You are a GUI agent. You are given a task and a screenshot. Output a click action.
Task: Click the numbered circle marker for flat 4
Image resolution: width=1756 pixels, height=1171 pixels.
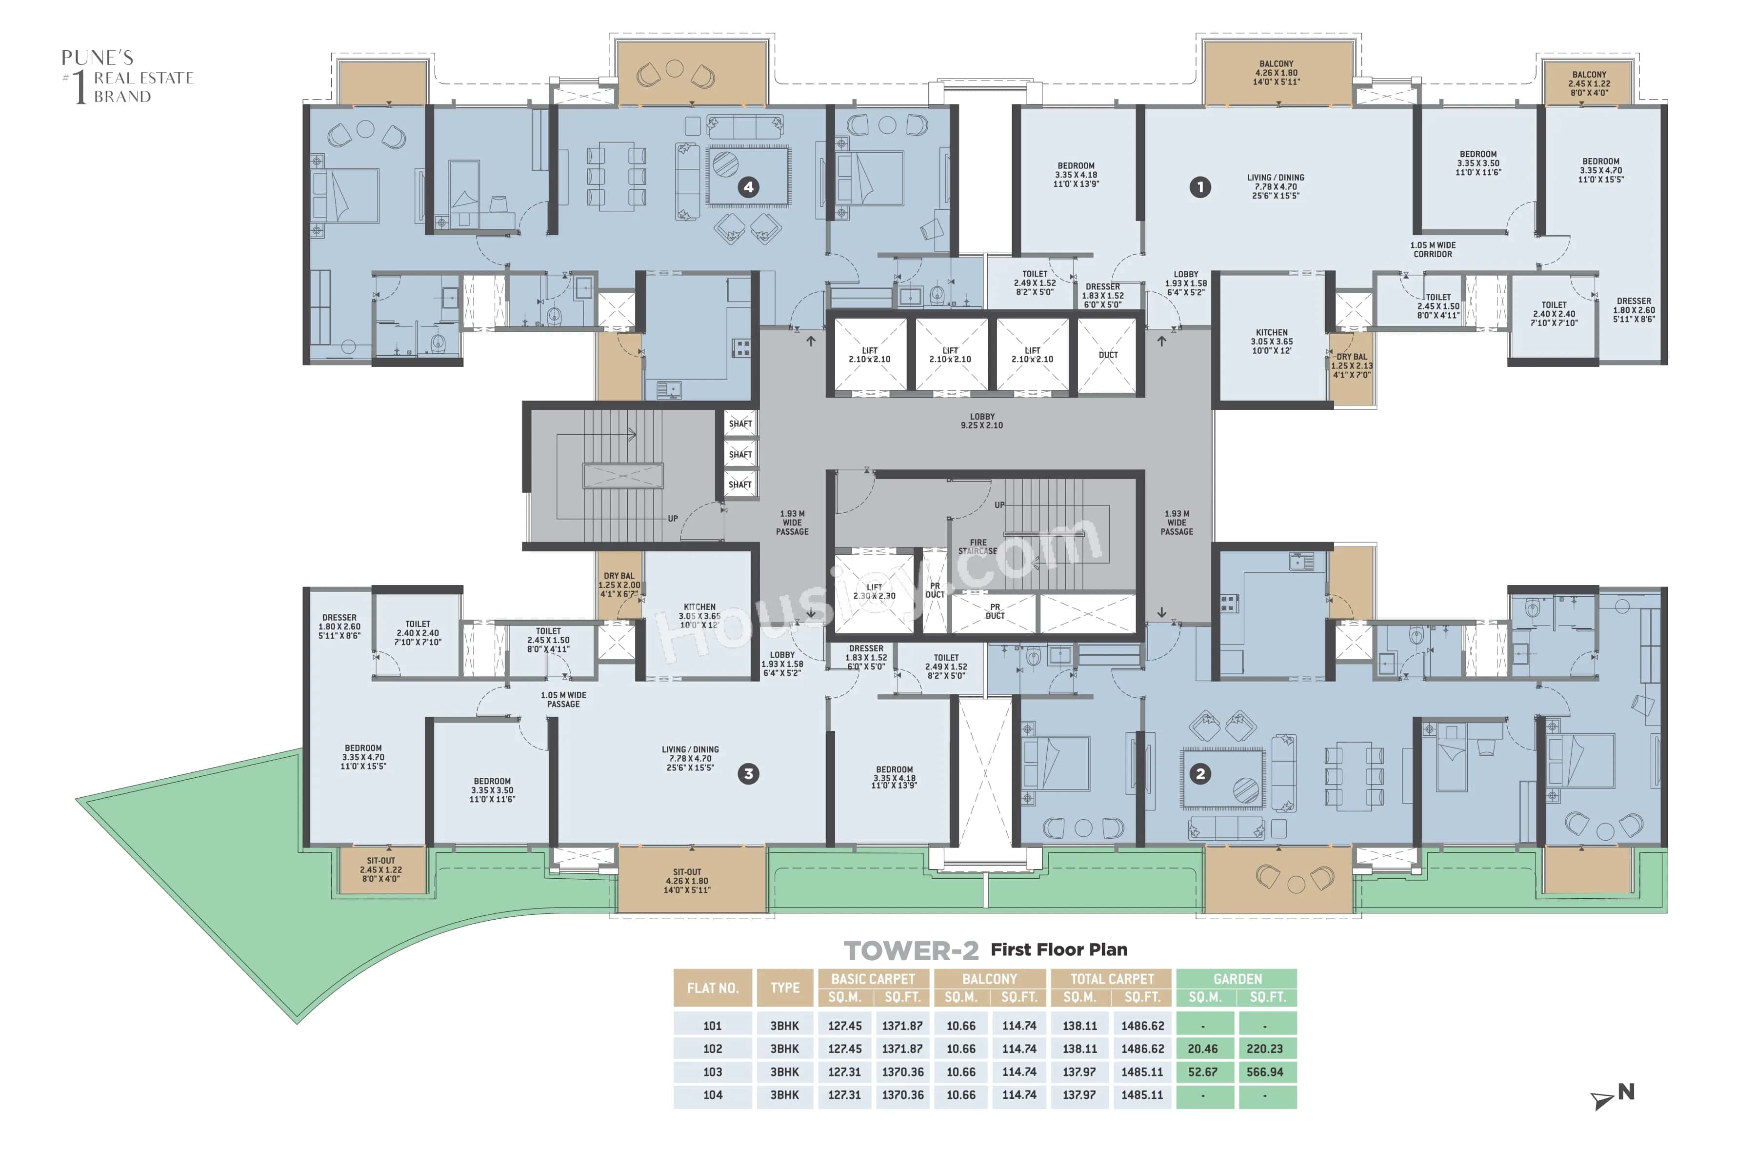click(x=748, y=187)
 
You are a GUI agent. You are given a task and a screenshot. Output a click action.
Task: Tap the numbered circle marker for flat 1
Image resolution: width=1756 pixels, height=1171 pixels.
click(x=1200, y=187)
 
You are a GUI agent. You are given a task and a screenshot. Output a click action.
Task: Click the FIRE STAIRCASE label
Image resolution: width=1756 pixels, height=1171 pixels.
click(x=978, y=546)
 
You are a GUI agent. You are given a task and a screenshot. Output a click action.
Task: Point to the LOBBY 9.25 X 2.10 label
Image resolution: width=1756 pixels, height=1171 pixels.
click(x=982, y=421)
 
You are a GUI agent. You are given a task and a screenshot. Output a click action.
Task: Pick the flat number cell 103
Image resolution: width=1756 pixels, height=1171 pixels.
click(x=712, y=1071)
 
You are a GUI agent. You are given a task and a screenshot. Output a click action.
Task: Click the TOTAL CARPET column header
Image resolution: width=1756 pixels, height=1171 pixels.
click(x=1111, y=978)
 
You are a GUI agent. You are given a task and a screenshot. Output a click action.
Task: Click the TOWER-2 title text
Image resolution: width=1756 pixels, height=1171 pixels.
click(x=911, y=950)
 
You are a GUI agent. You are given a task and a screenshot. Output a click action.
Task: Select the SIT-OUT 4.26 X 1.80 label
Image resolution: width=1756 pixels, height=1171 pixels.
click(x=687, y=881)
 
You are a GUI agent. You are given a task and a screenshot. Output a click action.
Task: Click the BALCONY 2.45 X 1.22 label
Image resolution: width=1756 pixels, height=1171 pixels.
click(x=1589, y=83)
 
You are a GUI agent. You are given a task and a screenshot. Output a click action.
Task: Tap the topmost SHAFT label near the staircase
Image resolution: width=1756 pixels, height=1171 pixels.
click(x=740, y=424)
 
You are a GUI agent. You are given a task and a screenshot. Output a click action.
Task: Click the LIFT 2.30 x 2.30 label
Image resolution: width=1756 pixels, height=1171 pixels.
click(x=874, y=591)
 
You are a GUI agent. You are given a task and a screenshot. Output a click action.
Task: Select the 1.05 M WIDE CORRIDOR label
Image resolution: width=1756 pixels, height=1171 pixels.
click(x=1432, y=249)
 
